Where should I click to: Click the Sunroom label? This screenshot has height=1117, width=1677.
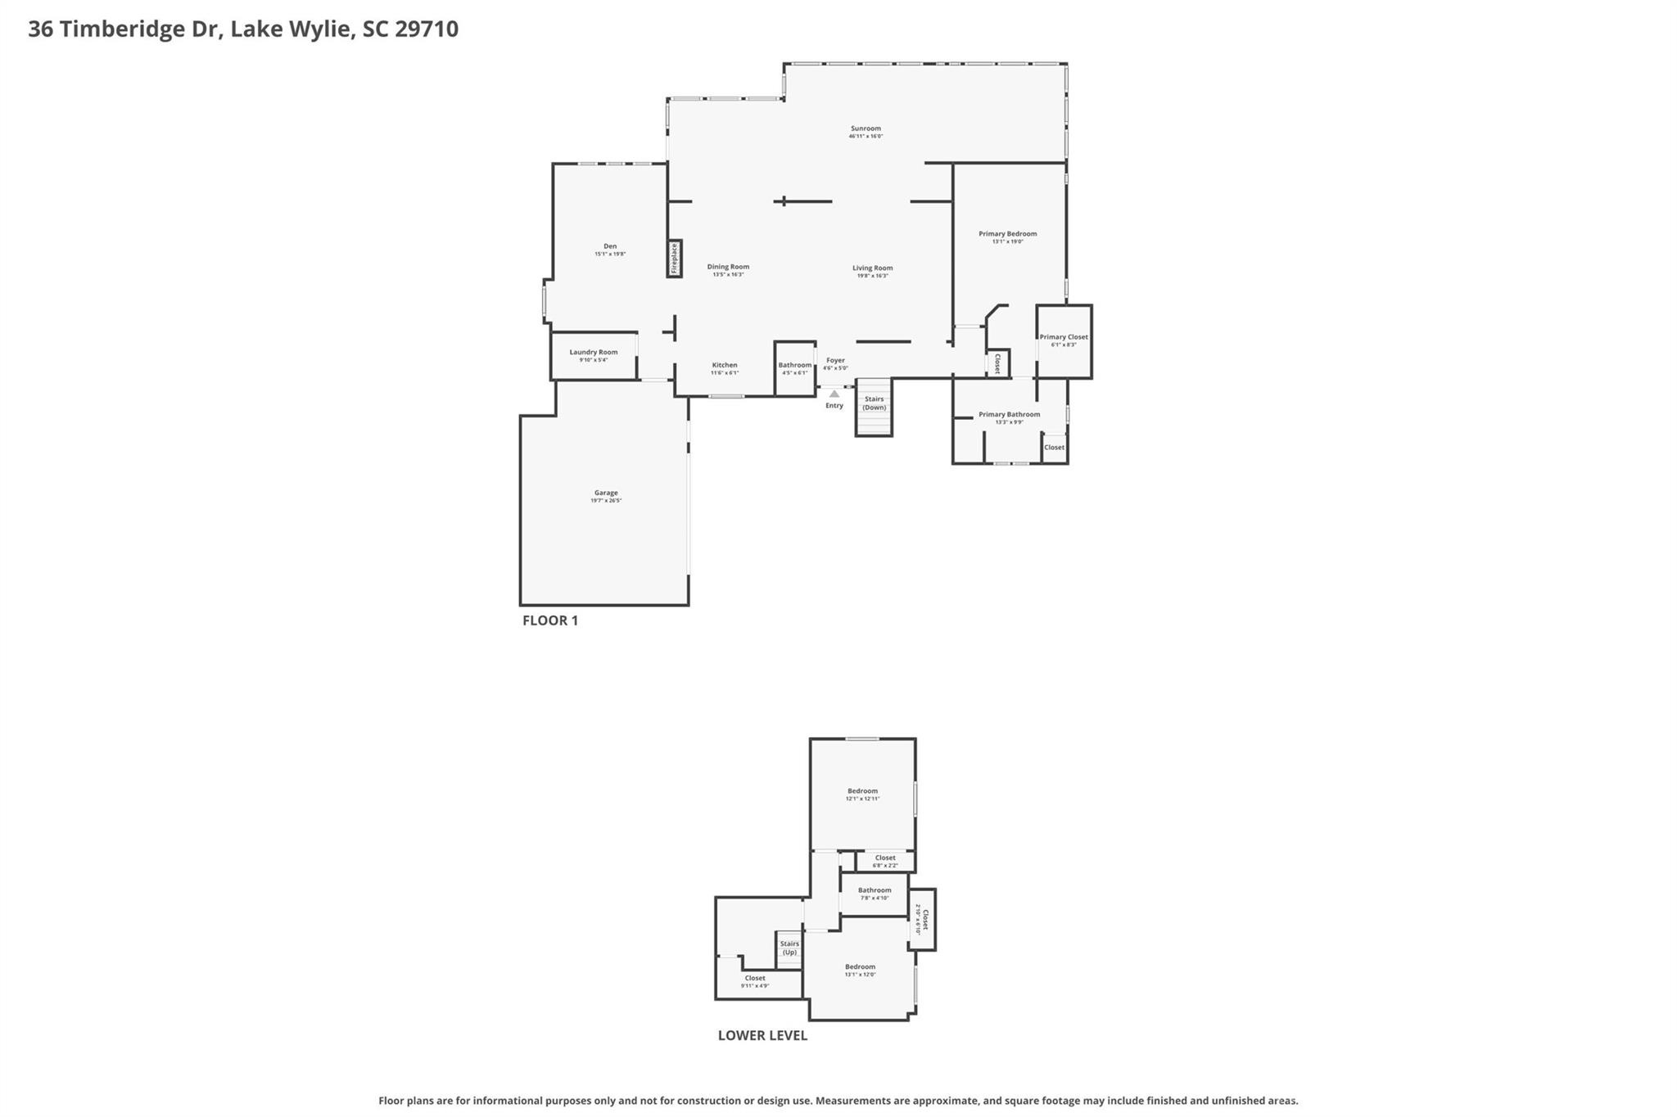click(x=866, y=128)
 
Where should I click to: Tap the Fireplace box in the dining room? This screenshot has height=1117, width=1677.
click(x=675, y=259)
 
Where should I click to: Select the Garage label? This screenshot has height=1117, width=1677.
click(x=606, y=493)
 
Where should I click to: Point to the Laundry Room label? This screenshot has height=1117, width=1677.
click(x=594, y=352)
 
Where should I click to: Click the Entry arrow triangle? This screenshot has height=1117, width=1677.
click(x=834, y=394)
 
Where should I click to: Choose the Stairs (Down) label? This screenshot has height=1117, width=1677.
click(x=874, y=403)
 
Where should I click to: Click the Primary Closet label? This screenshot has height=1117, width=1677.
click(x=1064, y=337)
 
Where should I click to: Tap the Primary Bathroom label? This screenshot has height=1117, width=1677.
click(x=1009, y=414)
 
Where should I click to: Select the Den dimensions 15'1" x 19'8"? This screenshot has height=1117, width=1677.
click(x=610, y=254)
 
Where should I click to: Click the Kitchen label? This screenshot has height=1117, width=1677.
click(x=725, y=365)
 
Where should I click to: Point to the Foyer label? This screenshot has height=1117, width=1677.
click(x=835, y=360)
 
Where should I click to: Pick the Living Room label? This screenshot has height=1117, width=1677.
click(x=872, y=268)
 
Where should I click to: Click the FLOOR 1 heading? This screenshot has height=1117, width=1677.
click(x=550, y=620)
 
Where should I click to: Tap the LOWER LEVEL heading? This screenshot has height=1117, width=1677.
click(x=762, y=1035)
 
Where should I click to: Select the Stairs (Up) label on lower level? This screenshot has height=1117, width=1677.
click(x=789, y=948)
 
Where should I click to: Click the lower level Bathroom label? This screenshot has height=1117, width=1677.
click(x=875, y=890)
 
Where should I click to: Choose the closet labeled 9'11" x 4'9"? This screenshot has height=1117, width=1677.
click(x=755, y=986)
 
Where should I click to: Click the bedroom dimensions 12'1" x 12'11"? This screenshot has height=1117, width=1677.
click(x=862, y=799)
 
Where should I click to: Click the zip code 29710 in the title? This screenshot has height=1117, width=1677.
click(x=427, y=29)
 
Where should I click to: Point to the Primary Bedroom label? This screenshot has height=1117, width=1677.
click(x=1007, y=234)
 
